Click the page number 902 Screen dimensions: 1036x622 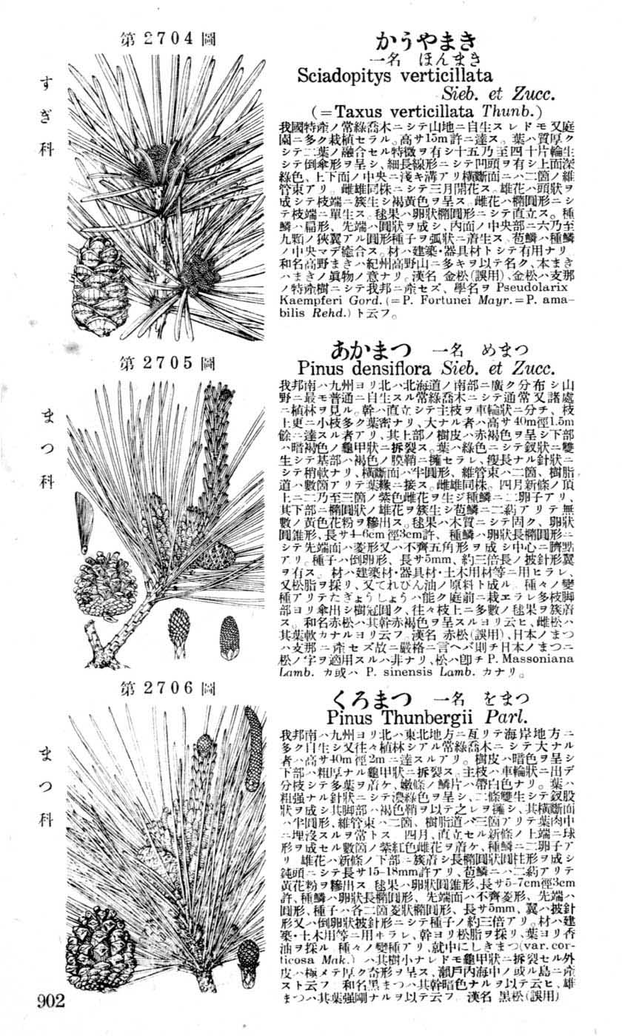(52, 1002)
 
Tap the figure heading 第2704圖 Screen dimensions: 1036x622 (167, 39)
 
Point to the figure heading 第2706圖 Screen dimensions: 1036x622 (167, 689)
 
